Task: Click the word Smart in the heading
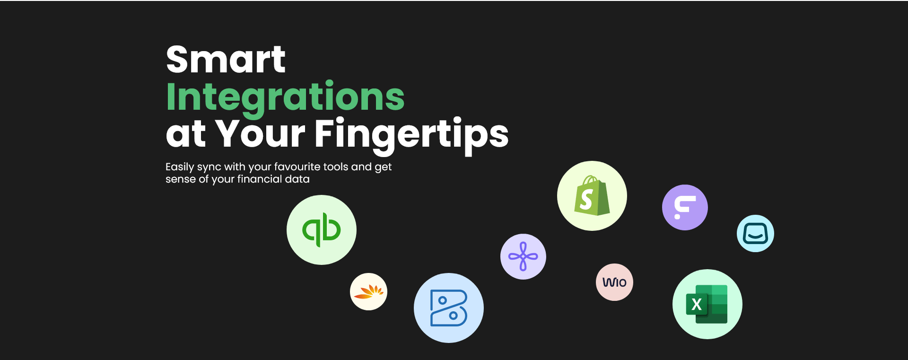226,60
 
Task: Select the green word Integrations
285,98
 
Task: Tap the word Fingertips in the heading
411,135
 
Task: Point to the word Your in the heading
261,133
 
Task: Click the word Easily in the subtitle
180,167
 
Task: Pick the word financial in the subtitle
259,179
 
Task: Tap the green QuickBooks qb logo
322,230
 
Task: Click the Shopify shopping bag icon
592,195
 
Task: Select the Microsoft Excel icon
707,304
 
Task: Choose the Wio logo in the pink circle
614,282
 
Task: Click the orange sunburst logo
369,292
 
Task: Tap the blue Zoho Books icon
449,308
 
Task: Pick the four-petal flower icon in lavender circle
523,256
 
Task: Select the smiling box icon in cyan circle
755,233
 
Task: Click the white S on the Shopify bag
586,199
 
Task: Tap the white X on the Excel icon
697,304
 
